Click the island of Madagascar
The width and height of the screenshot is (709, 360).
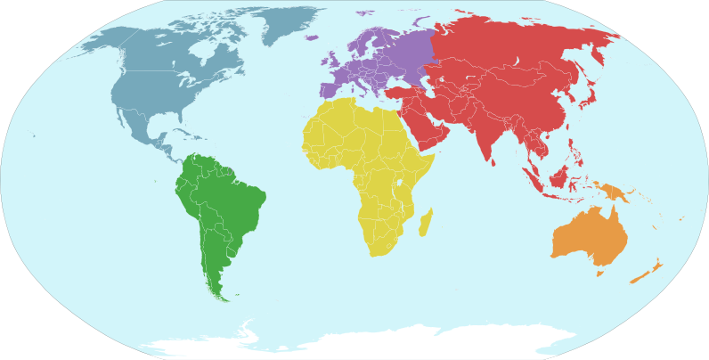pos(426,220)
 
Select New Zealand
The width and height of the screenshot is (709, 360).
pos(648,272)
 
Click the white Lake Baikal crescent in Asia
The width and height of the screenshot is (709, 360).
pos(517,64)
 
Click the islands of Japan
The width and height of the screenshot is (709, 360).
pos(588,94)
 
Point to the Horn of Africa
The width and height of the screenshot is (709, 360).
pos(431,160)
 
